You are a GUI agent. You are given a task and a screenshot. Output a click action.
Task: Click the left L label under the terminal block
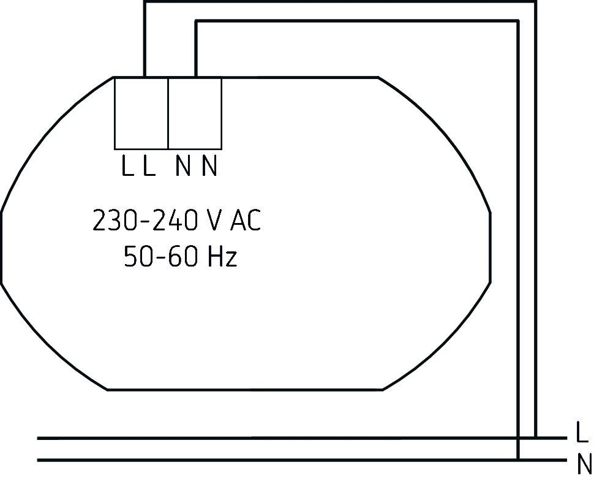point(127,166)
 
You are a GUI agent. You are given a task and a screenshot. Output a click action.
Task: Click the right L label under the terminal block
point(149,166)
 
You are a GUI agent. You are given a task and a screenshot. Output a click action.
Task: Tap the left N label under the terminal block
point(182,166)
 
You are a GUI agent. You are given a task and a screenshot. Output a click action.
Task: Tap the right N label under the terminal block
point(209,166)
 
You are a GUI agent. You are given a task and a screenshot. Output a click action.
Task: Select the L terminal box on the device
point(141,113)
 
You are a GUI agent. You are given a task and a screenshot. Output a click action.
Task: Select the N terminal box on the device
point(195,113)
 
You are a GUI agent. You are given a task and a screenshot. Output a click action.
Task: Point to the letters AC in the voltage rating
point(246,221)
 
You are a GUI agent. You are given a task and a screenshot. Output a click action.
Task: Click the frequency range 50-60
point(160,257)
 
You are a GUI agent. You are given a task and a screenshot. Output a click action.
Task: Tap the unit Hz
point(222,257)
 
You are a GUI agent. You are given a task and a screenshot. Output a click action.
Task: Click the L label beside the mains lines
point(582,433)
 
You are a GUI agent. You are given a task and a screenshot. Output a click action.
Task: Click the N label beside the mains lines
point(584,465)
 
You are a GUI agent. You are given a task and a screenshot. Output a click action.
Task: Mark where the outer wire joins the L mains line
point(536,438)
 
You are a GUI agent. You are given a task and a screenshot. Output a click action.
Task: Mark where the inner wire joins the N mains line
point(518,460)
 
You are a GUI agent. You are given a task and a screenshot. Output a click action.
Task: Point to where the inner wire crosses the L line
point(518,438)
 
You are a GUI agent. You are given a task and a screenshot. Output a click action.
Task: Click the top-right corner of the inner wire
point(518,21)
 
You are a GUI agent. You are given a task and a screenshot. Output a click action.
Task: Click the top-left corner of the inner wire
point(195,21)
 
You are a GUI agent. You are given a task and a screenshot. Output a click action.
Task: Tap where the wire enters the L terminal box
point(145,77)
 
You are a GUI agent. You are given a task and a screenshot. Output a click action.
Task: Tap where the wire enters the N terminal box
point(195,77)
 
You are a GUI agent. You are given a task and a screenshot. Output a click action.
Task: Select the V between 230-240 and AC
point(214,221)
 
